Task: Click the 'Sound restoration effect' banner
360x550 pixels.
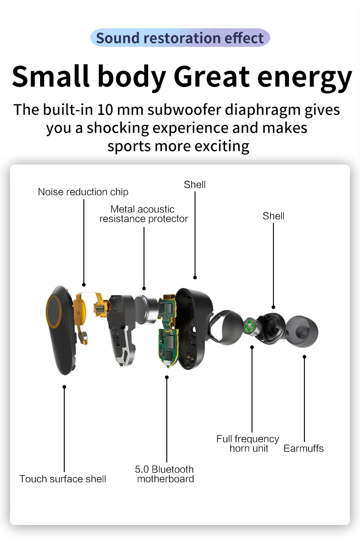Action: [x=180, y=38]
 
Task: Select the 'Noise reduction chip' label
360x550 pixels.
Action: [x=83, y=192]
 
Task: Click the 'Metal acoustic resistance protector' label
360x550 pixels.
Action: [x=144, y=214]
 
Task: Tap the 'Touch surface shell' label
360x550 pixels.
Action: [x=63, y=479]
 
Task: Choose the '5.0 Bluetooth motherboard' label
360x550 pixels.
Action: [x=165, y=474]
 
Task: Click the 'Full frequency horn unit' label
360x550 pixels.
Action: [x=248, y=443]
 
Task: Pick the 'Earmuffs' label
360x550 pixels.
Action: [x=303, y=448]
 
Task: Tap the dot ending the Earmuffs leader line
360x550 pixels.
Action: [x=304, y=357]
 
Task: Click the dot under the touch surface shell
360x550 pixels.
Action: [x=64, y=387]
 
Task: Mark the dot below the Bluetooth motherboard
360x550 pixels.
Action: [x=167, y=377]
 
